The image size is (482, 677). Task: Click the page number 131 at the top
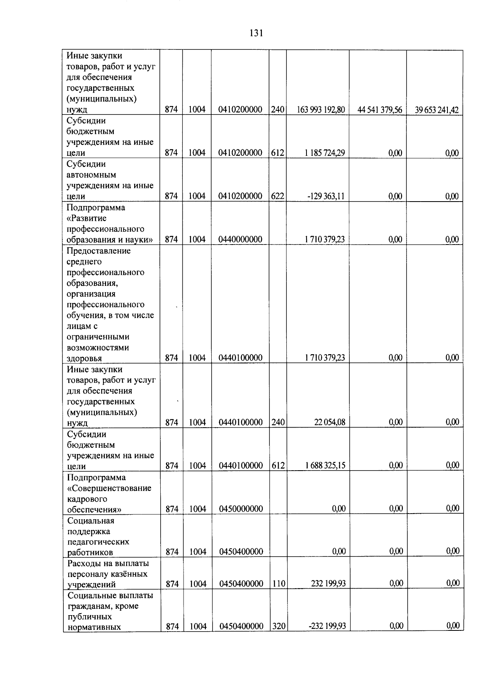[256, 33]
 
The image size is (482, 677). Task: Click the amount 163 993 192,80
[321, 110]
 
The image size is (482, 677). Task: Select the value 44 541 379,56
[380, 110]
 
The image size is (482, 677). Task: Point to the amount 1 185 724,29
[325, 153]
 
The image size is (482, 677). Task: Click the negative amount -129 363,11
[326, 196]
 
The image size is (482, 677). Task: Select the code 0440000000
[240, 239]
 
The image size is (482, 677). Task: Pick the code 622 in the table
[278, 196]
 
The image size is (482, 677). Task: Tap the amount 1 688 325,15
[325, 465]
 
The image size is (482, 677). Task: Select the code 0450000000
[241, 509]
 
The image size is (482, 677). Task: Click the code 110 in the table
[278, 583]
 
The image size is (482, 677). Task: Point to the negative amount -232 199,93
[327, 626]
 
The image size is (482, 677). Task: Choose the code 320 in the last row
[278, 626]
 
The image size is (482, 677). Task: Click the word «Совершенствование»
[109, 488]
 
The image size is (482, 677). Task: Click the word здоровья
[84, 358]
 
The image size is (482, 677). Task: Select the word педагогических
[98, 542]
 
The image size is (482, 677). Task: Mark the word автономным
[91, 175]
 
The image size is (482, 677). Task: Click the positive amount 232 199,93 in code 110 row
[328, 583]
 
